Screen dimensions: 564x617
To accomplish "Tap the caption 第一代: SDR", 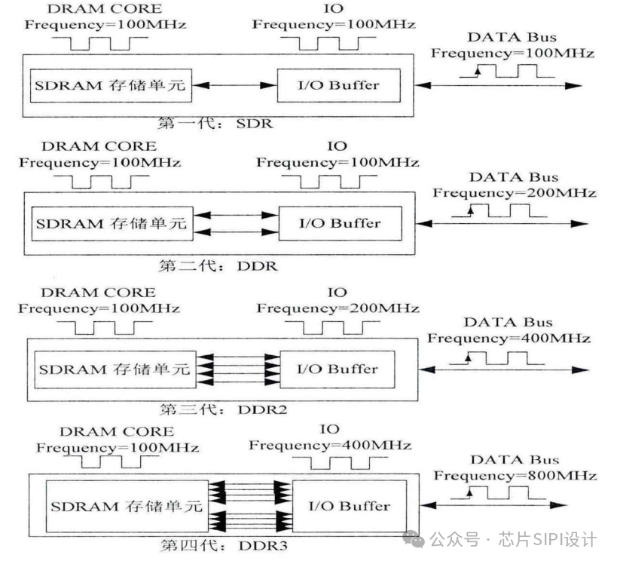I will click(x=215, y=123).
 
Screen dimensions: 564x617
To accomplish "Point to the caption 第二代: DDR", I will click(x=218, y=265).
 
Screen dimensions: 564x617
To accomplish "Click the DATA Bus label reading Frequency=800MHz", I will click(x=515, y=476).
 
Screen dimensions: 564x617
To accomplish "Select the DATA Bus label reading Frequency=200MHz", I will click(x=514, y=193).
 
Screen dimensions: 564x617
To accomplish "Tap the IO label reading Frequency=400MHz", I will click(x=329, y=446).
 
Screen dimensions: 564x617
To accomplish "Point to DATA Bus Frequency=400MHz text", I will click(x=509, y=338).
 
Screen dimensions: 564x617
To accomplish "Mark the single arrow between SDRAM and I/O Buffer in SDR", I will click(x=234, y=86).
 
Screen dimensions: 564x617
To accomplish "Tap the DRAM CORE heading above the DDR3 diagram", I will click(x=116, y=432).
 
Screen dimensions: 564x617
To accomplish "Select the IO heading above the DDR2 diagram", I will click(x=337, y=293).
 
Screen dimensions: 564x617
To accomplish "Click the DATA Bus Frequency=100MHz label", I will click(x=512, y=53).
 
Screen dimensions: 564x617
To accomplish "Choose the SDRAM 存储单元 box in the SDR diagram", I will click(x=109, y=85).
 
